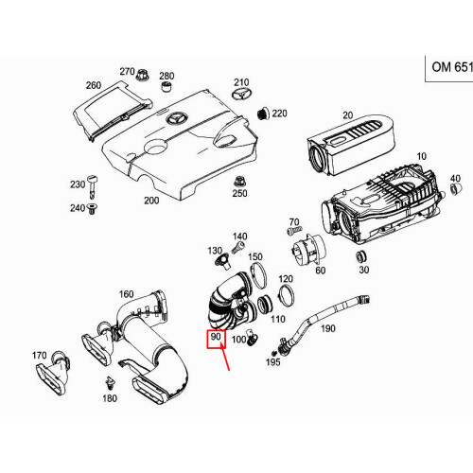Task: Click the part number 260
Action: (93, 85)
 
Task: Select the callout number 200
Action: (150, 201)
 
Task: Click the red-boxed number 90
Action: (216, 338)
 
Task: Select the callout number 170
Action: (39, 357)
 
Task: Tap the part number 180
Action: (110, 399)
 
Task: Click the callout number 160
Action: (126, 294)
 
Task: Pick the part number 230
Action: (77, 184)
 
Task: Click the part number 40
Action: (454, 179)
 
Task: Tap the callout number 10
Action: (421, 154)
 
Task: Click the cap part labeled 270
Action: (145, 76)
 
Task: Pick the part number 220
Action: (264, 114)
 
